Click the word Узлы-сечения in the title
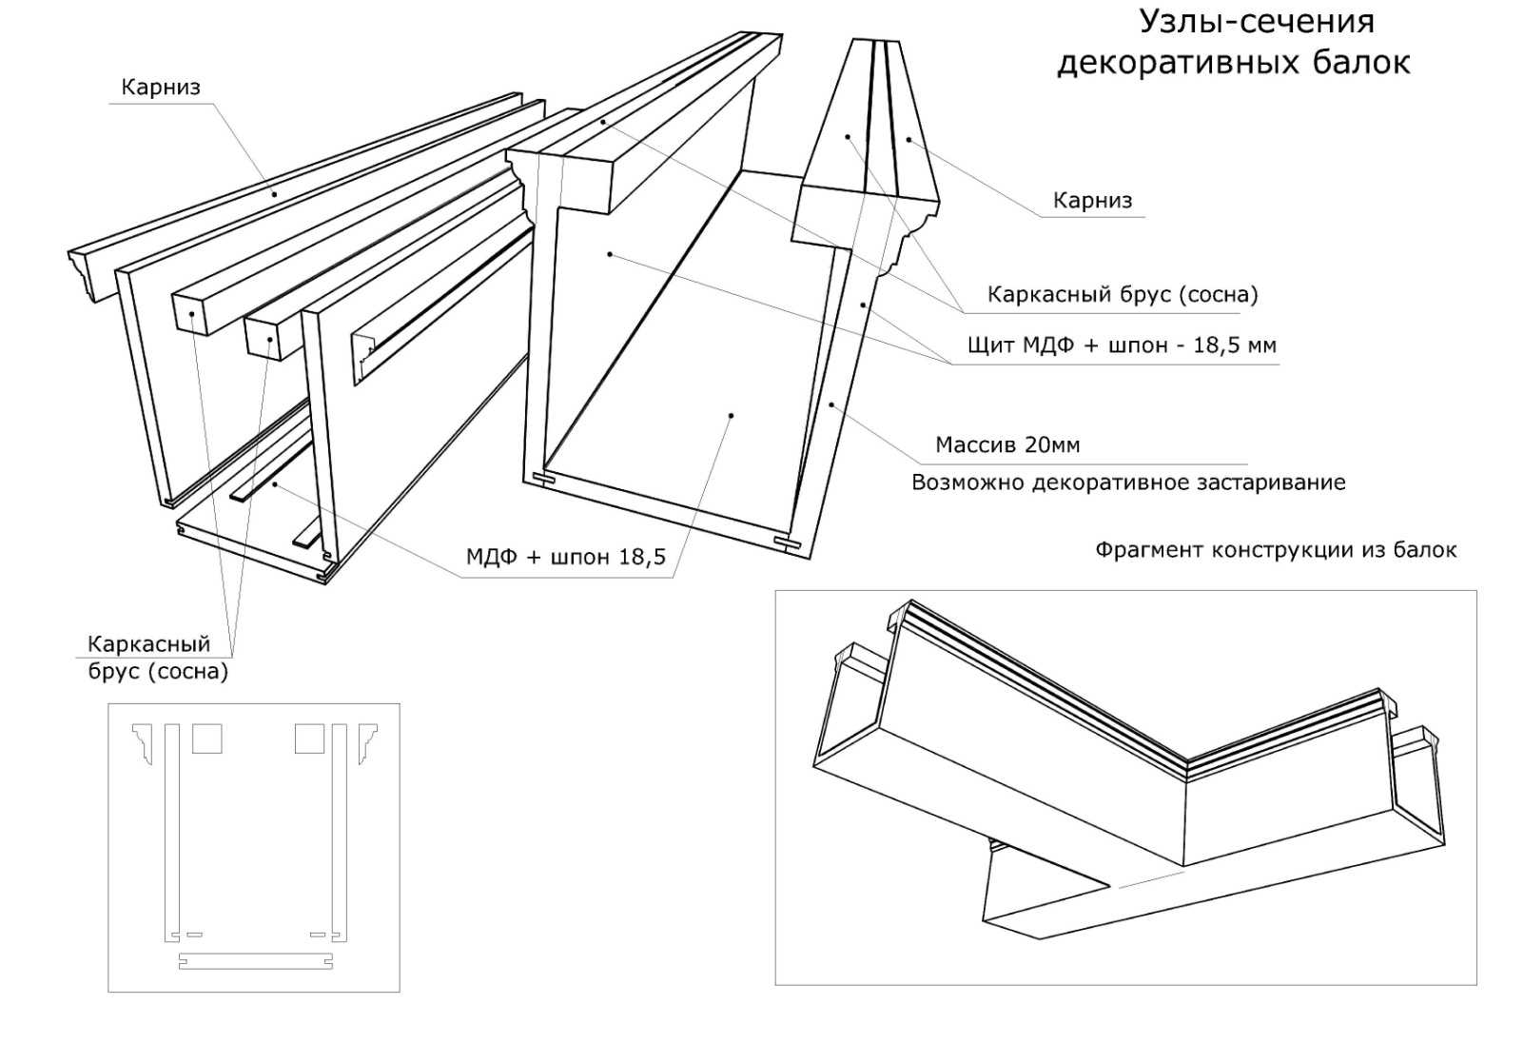1257,21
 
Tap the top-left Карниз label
161,88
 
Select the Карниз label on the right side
1092,201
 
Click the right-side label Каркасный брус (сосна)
1122,295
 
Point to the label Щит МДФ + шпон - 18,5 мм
1121,345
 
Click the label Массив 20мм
1007,444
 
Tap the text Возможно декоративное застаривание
1128,483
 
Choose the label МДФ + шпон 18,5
565,557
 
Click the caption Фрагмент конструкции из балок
1275,550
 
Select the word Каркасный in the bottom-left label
148,644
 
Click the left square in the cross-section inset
207,739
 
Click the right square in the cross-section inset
309,739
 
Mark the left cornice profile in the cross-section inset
143,741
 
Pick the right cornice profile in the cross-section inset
366,741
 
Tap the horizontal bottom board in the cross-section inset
256,962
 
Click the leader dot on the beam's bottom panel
731,415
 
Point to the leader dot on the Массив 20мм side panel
831,404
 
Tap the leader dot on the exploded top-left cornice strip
275,194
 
